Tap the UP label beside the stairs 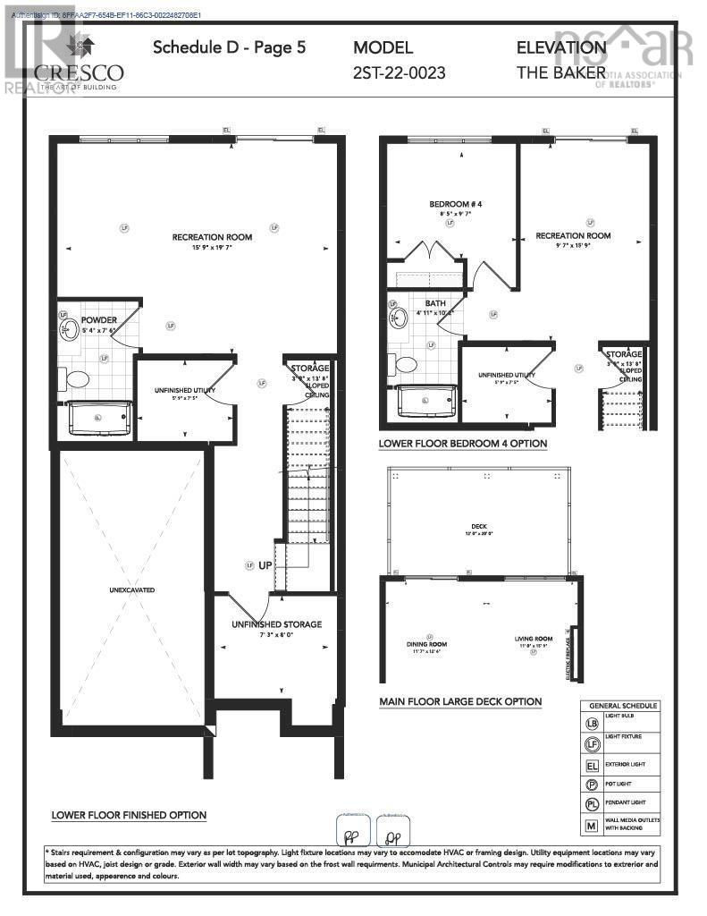coord(265,566)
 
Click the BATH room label coord(435,303)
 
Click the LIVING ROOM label coord(533,639)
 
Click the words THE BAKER coord(560,72)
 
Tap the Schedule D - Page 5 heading coord(229,47)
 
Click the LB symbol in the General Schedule coord(591,723)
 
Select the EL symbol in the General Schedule coord(591,766)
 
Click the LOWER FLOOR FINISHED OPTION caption coord(129,815)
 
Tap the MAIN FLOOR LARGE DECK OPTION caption coord(459,701)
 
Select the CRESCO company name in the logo coord(79,72)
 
